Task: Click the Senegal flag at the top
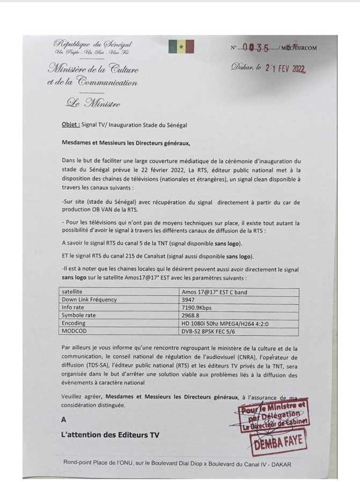tap(181, 47)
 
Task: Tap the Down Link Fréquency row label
tap(89, 301)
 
